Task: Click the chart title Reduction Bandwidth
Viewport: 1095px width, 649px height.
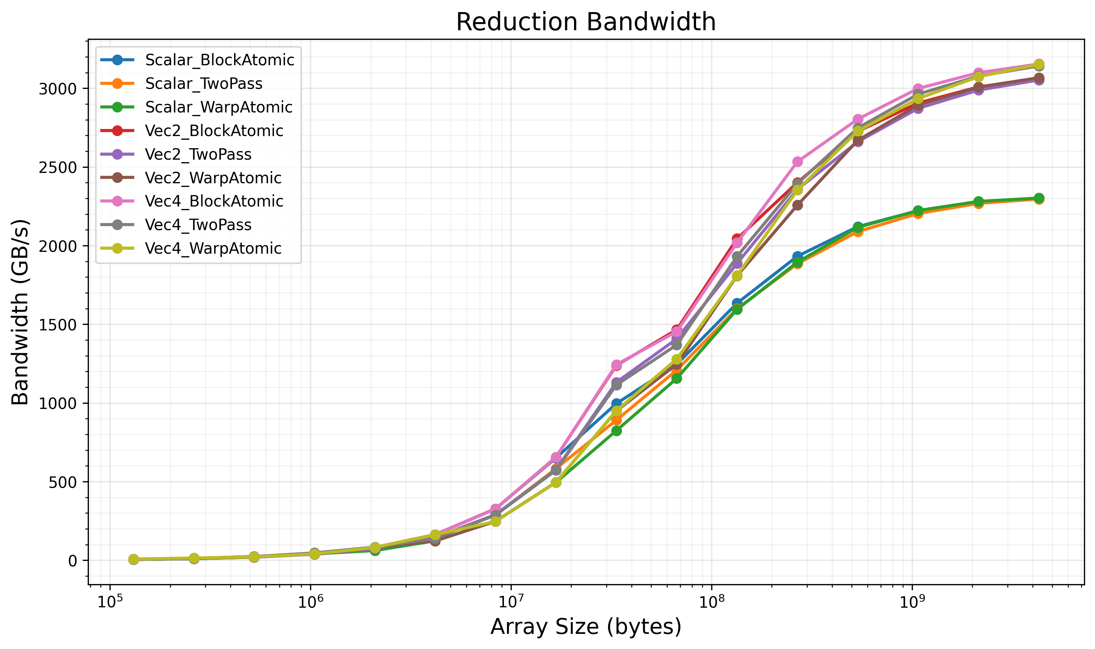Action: coord(586,22)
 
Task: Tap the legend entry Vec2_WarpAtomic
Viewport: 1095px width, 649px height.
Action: coord(213,178)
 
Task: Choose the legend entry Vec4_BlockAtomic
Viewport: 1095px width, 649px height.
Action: coord(214,201)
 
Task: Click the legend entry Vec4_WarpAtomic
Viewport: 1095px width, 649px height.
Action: coord(213,249)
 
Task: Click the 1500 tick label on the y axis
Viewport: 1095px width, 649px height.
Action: coord(58,324)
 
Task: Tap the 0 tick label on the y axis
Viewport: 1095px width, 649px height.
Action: coord(73,560)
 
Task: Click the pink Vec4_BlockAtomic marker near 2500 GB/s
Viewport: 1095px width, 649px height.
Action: coord(798,162)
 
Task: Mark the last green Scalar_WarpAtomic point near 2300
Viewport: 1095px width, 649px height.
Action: coord(1039,198)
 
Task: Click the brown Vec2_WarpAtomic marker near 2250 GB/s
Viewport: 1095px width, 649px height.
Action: coord(798,205)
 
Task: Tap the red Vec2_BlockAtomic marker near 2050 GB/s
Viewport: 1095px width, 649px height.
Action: coord(737,239)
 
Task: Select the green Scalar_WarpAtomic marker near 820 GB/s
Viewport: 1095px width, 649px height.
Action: coord(617,431)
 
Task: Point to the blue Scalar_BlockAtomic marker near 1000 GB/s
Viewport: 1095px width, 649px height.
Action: coord(617,403)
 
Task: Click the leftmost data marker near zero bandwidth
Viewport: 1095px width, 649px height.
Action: coord(134,559)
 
